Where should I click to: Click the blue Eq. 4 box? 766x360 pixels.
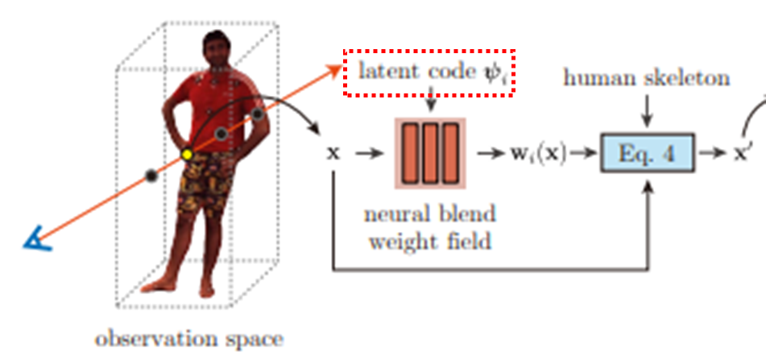648,152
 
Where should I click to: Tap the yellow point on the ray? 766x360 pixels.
187,154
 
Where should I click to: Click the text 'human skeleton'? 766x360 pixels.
646,78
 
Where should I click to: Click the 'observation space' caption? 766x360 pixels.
189,339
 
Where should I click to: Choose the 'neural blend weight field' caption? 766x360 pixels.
430,228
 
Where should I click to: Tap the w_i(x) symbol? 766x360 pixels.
536,153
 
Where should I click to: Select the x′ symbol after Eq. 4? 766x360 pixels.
742,153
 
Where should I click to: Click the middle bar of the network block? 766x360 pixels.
429,152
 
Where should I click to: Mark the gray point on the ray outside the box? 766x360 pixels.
150,175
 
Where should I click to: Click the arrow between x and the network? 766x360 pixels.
366,153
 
